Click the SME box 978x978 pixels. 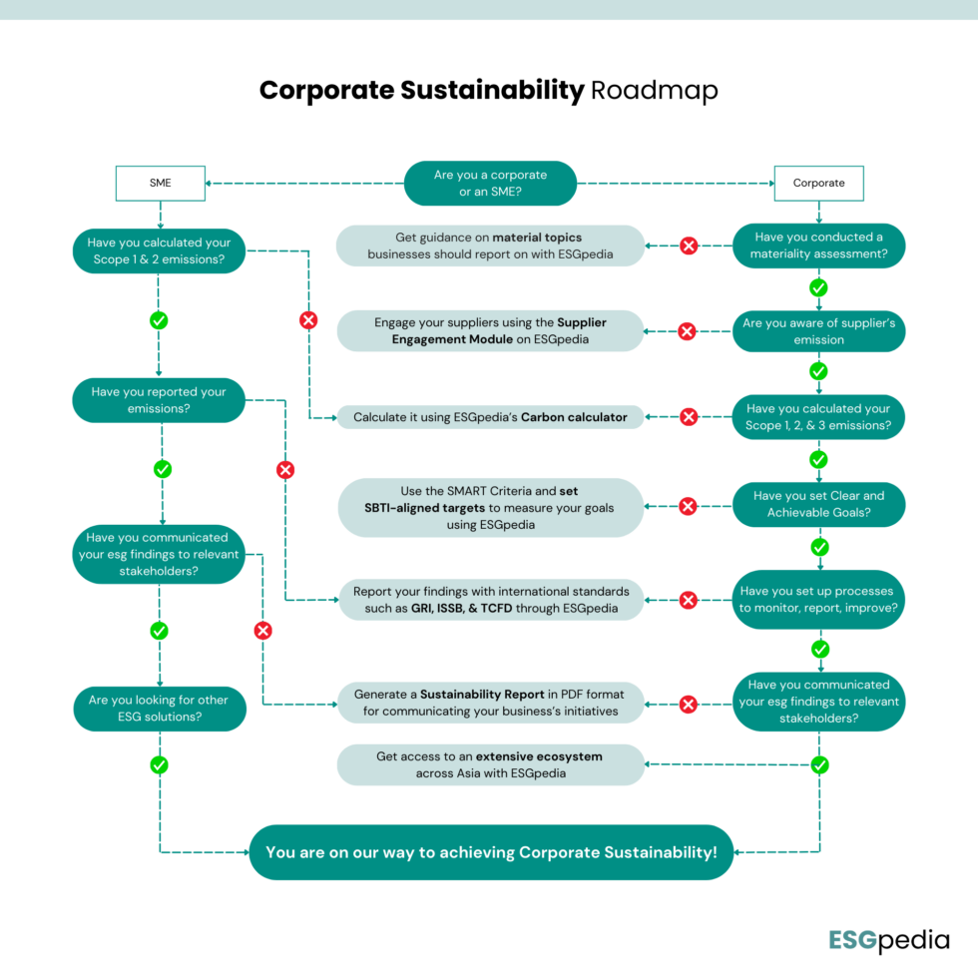[160, 183]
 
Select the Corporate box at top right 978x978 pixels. [818, 183]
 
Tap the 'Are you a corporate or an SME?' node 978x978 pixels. [490, 183]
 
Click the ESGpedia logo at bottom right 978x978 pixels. [887, 939]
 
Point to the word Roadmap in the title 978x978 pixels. [654, 90]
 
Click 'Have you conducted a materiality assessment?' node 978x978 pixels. [818, 245]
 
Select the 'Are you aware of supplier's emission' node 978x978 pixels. [818, 331]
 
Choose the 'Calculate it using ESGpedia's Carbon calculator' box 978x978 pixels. [490, 417]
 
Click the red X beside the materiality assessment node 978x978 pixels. [688, 245]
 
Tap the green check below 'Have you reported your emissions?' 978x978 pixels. [162, 469]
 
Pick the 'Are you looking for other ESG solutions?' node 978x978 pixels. [159, 708]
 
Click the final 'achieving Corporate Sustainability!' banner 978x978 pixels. [490, 852]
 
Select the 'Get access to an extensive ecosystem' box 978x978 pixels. [490, 764]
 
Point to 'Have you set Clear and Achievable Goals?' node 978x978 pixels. [818, 504]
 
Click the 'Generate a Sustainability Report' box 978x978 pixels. [490, 703]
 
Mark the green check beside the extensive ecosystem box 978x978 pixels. [819, 764]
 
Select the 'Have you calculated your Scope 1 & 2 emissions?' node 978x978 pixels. [159, 250]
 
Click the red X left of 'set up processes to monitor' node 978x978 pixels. [688, 600]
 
